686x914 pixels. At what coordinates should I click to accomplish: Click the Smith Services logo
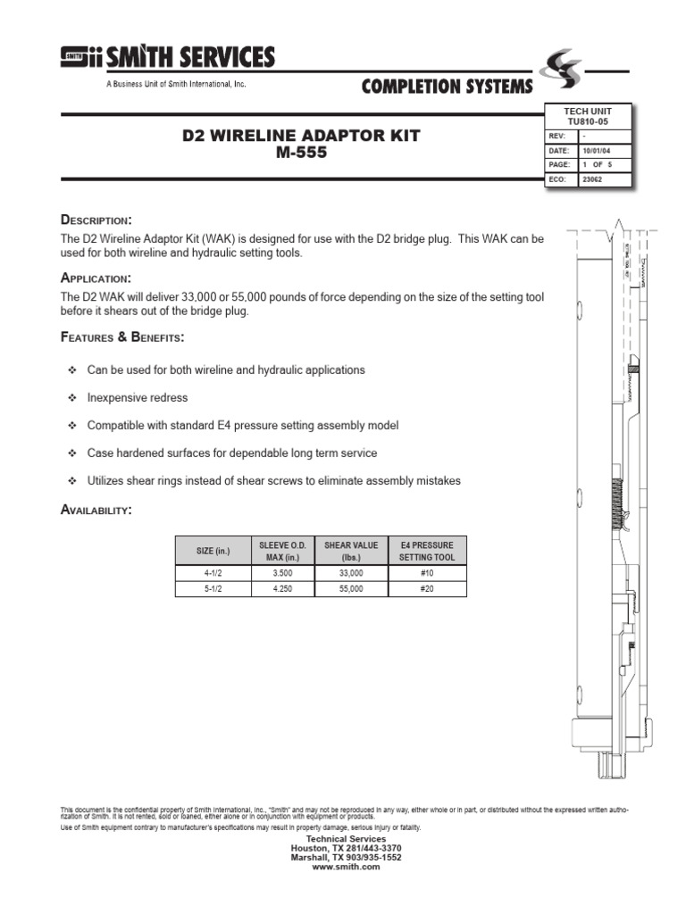168,58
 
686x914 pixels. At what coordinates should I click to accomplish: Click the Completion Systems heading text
447,86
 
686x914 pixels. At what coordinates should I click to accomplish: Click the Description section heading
96,220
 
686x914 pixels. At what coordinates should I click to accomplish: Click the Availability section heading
96,510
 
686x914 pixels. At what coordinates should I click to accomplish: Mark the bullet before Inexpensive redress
73,398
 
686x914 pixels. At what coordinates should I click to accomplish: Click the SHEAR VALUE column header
351,551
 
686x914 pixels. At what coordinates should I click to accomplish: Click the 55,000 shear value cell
351,589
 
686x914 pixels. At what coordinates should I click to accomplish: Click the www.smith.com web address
347,867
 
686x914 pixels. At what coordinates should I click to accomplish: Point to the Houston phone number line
347,848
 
